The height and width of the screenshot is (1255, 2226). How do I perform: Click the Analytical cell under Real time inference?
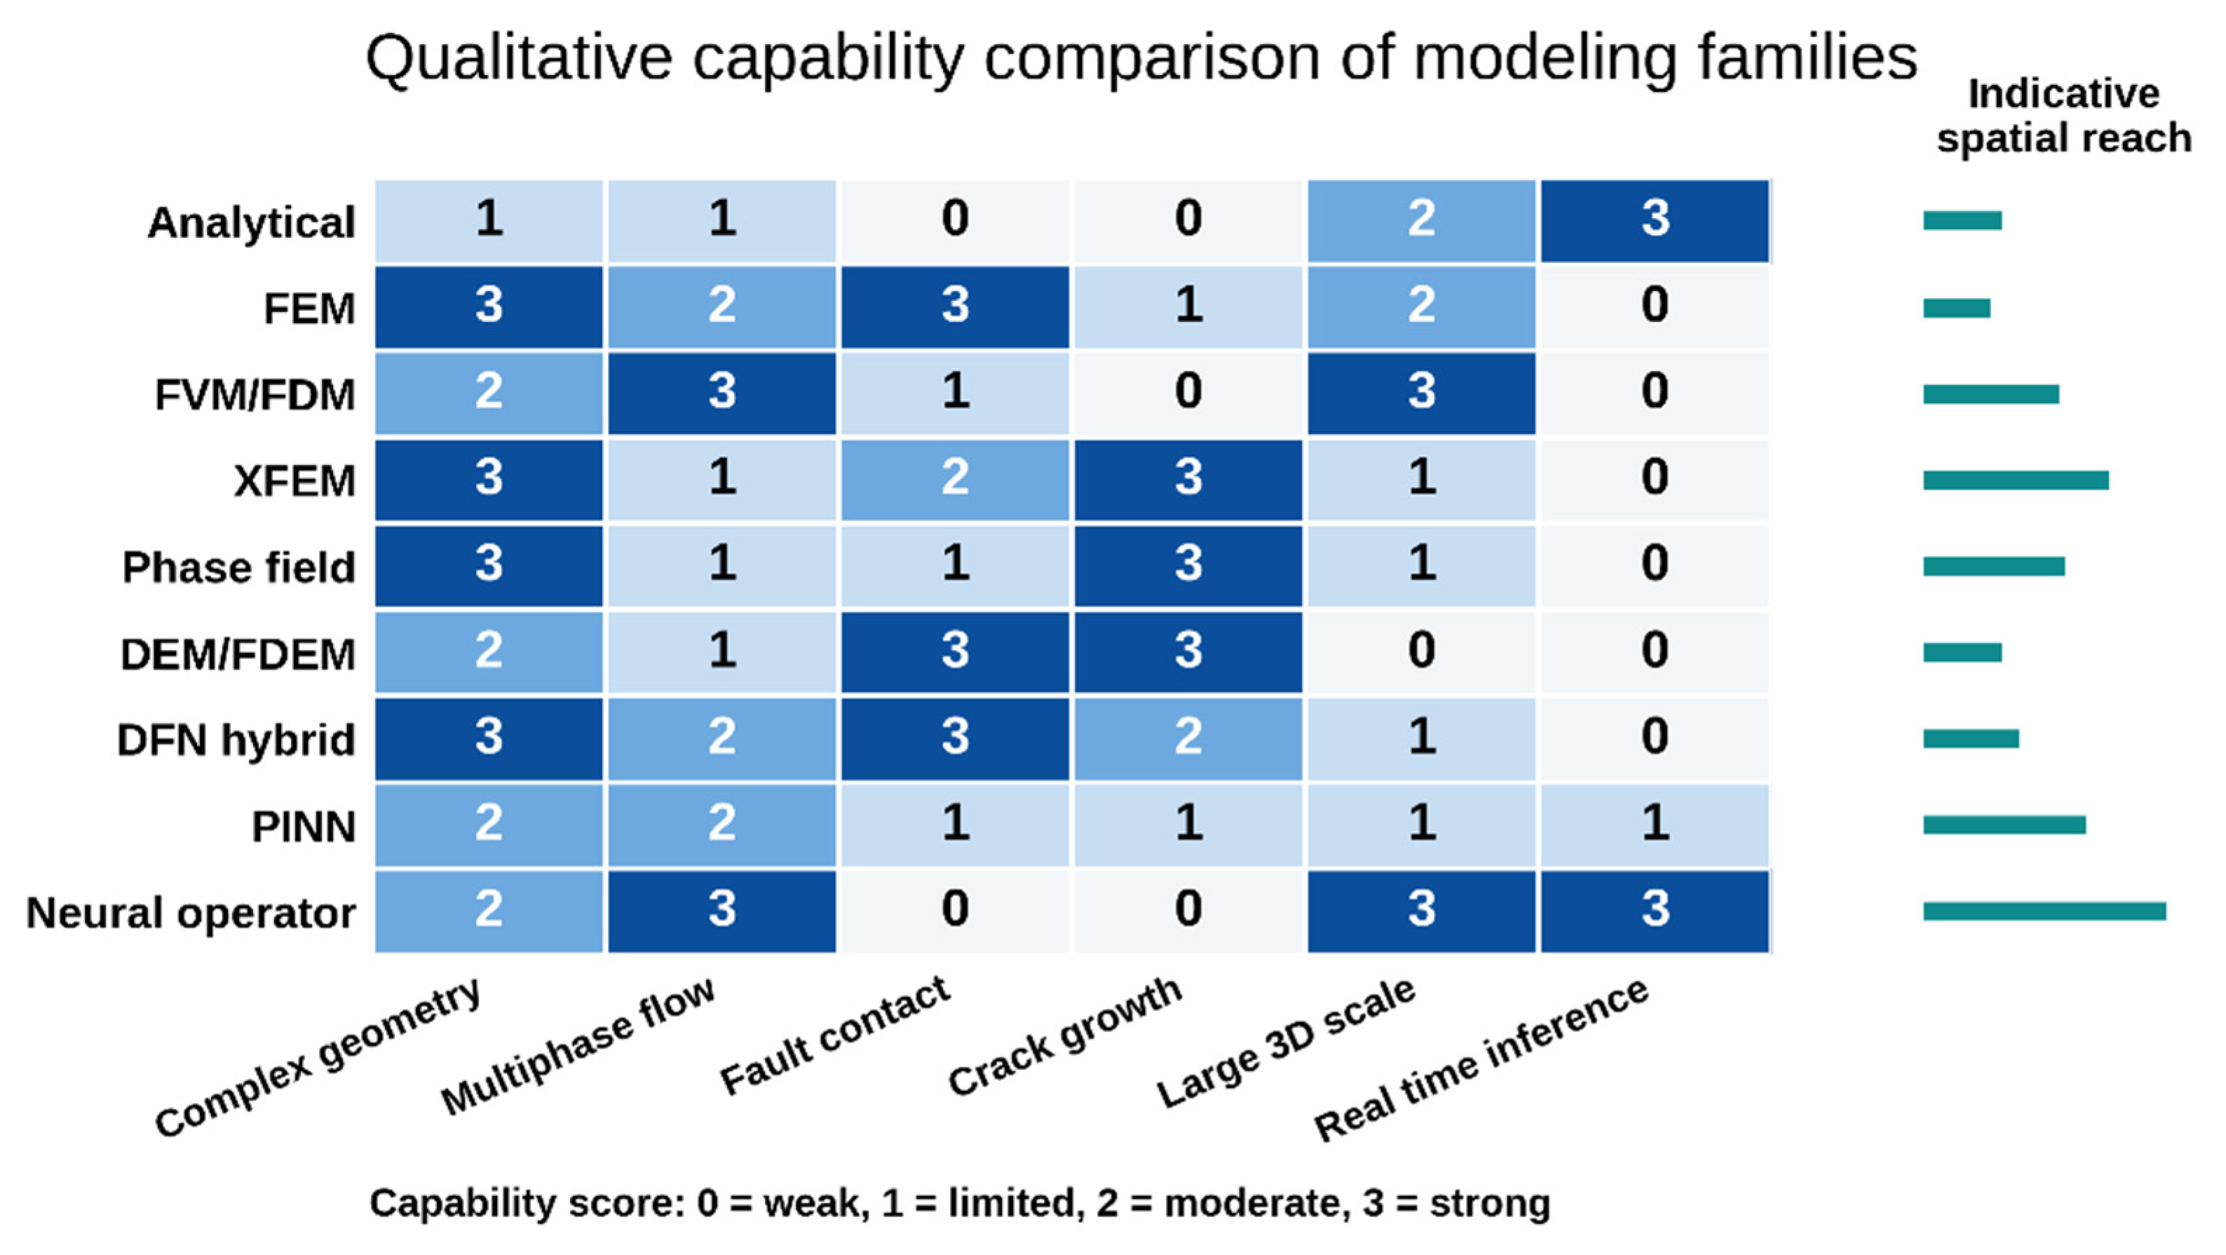coord(1655,220)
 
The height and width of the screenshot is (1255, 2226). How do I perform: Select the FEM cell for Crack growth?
coord(1188,307)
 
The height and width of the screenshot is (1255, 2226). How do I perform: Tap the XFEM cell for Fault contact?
coord(955,480)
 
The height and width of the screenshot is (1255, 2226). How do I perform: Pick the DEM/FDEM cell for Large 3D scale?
coord(1422,653)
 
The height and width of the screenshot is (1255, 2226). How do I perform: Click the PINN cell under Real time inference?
coord(1655,825)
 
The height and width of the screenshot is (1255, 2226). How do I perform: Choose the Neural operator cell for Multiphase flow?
coord(721,912)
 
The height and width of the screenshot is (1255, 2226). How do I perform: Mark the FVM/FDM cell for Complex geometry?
coord(488,393)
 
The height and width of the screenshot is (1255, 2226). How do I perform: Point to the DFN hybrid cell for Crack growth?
coord(1188,739)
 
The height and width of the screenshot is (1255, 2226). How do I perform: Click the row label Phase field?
coord(238,568)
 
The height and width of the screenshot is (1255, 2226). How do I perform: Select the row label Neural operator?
coord(191,914)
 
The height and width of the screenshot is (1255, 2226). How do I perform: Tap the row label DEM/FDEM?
coord(238,654)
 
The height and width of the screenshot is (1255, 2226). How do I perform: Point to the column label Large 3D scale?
coord(1286,1042)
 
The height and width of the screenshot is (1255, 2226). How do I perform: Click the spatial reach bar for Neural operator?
coord(2044,911)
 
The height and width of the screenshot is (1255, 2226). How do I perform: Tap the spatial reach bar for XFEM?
coord(2016,480)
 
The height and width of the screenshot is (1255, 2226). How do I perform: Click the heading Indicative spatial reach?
coord(2063,116)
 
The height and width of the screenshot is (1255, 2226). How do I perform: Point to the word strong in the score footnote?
coord(1490,1203)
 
